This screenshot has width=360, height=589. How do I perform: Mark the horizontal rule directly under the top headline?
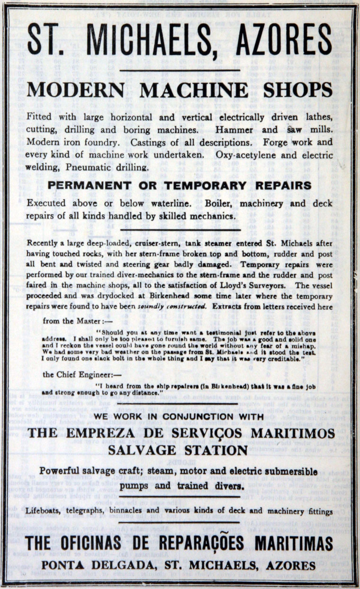point(180,71)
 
